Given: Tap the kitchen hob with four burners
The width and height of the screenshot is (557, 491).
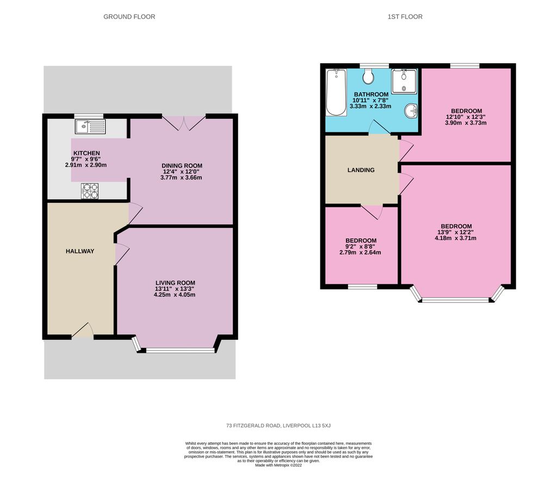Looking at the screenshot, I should click(90, 191).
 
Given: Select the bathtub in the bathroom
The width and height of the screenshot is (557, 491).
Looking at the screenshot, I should click(336, 93).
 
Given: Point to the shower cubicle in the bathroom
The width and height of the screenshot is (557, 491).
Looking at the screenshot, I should click(404, 81).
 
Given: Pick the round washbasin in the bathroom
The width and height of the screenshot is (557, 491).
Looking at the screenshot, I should click(411, 111).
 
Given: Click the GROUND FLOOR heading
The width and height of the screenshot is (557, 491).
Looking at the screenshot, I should click(129, 17).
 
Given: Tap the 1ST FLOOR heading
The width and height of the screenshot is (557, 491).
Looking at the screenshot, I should click(405, 17).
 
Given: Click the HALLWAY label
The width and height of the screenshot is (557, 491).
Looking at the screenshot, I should click(80, 251).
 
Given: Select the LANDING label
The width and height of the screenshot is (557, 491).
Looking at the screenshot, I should click(361, 170).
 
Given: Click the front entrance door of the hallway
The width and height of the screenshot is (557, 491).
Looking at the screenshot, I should click(83, 330).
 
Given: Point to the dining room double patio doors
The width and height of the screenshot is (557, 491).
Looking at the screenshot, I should click(184, 123).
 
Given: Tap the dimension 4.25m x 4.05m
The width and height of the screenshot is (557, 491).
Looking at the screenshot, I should click(174, 295).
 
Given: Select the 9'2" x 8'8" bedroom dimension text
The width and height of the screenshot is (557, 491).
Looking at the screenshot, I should click(361, 247).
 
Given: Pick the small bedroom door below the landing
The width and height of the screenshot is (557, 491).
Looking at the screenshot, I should click(371, 212).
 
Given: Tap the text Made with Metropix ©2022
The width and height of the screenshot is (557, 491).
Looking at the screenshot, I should click(278, 465).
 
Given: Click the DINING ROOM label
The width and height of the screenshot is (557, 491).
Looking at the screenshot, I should click(182, 165).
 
